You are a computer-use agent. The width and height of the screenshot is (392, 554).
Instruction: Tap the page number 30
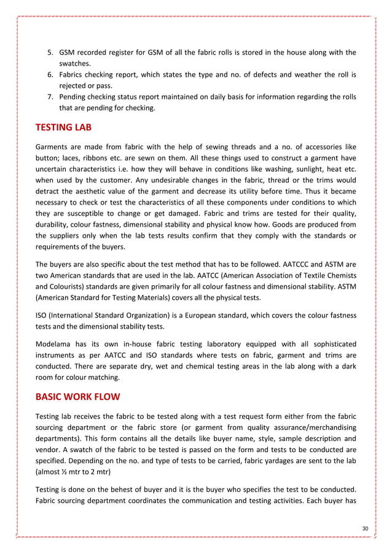pos(366,529)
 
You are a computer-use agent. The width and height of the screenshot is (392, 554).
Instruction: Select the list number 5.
pos(51,52)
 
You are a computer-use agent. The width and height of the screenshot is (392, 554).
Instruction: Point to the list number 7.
pos(51,97)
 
